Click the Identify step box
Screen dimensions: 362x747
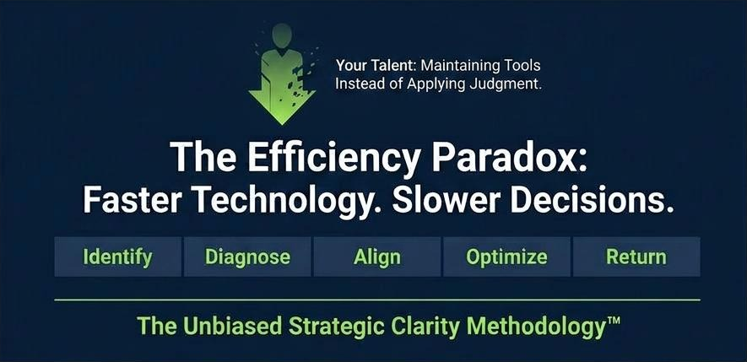coord(117,257)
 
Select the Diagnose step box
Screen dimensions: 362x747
coord(247,257)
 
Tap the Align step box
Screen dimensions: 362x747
coord(376,257)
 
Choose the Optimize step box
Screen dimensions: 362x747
coord(506,257)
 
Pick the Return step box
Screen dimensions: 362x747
coord(636,257)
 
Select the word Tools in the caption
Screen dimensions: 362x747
coord(522,64)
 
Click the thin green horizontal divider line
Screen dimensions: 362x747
coord(376,300)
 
